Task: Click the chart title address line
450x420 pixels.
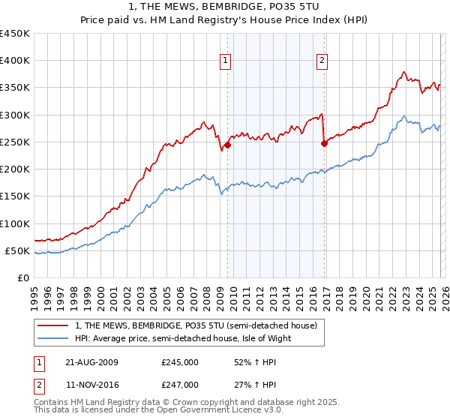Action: pos(225,7)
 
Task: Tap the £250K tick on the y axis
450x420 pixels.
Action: pos(15,142)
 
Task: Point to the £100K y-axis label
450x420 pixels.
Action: pos(15,223)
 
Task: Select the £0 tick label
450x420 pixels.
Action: pos(22,277)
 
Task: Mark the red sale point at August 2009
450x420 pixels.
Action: pos(227,145)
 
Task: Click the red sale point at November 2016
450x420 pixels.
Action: pos(324,144)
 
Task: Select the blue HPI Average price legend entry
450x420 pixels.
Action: pos(182,338)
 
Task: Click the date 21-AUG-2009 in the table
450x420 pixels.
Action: pos(91,361)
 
